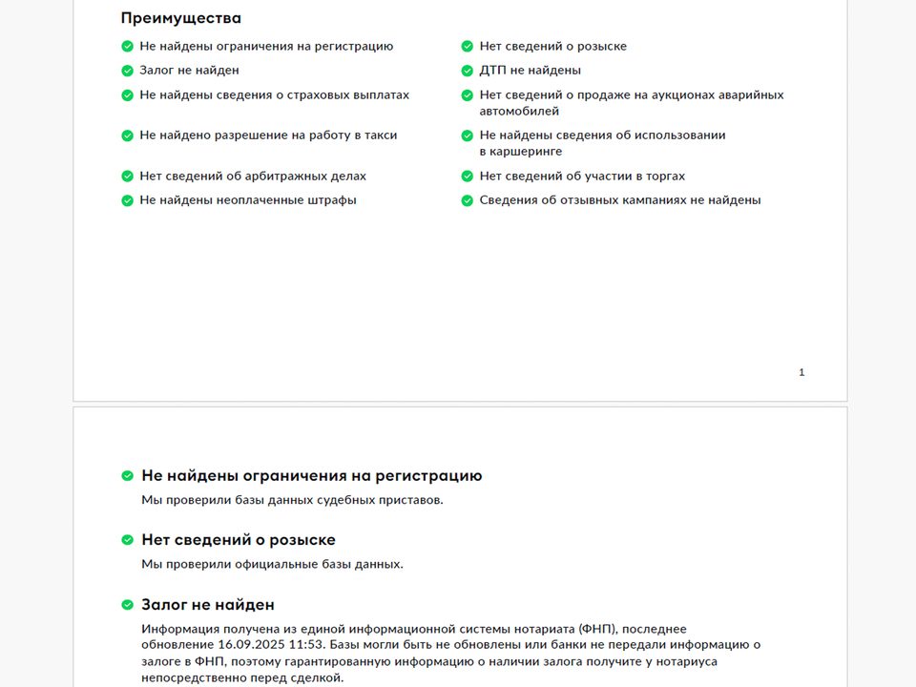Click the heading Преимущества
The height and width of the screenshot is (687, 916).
pos(180,18)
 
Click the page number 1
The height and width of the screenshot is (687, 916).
pos(801,372)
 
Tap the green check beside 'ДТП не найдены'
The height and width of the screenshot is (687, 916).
pos(468,71)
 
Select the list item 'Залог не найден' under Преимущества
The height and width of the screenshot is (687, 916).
pos(189,71)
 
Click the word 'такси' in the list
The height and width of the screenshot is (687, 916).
pos(380,135)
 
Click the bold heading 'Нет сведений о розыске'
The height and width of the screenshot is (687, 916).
pos(239,540)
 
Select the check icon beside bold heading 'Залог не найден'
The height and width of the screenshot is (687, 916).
pos(128,605)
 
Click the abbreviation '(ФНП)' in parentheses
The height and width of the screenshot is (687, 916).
pos(597,629)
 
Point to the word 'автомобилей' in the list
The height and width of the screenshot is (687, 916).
pos(519,112)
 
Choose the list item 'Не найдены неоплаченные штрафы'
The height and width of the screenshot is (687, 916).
pos(248,200)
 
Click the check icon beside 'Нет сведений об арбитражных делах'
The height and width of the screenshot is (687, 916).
pos(128,177)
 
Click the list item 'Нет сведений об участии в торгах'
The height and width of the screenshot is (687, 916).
pos(582,177)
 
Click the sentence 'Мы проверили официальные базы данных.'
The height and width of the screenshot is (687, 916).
pos(272,564)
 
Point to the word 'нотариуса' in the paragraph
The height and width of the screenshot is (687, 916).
pos(688,661)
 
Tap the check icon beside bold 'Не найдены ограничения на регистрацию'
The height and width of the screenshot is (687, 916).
pos(128,476)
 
